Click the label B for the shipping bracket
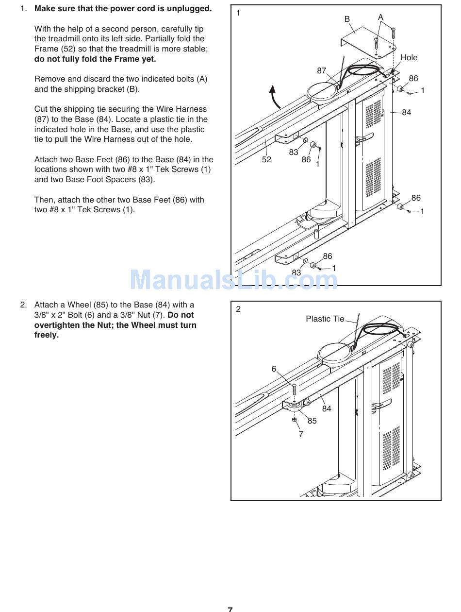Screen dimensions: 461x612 347,19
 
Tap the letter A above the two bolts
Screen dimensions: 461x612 380,17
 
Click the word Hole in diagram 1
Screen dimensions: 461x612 409,57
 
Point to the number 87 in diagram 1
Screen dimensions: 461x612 322,71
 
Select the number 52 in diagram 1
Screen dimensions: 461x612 266,159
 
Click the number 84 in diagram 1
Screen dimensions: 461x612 406,112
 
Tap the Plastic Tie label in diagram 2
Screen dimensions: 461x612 325,319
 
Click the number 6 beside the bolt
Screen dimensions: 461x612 274,369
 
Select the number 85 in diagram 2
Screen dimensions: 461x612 312,421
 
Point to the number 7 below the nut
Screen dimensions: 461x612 301,434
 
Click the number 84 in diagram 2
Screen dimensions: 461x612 327,408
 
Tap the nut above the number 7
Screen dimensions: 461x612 295,420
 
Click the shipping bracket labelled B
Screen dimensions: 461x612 369,39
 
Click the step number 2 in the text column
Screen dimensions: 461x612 22,305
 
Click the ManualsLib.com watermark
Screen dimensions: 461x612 233,280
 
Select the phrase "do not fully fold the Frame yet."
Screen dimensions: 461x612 95,59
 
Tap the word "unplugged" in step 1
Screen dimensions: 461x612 188,9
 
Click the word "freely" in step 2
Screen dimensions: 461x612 45,335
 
